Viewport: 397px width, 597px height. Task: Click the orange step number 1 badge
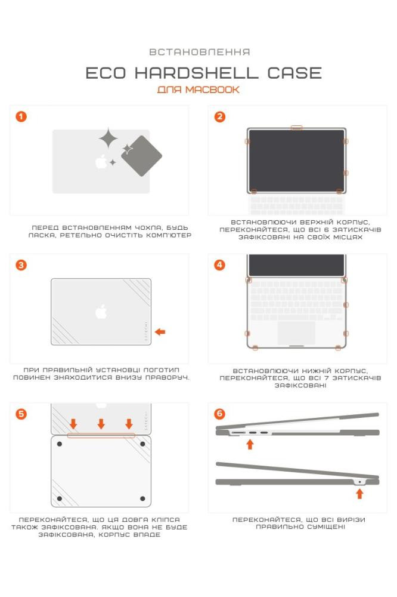[x=21, y=116]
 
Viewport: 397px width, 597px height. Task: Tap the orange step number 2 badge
[x=220, y=116]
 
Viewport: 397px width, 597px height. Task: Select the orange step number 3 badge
[x=21, y=264]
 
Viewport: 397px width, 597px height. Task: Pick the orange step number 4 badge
[x=220, y=264]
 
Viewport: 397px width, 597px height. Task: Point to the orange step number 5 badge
[x=21, y=414]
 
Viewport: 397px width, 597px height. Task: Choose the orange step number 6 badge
[x=220, y=414]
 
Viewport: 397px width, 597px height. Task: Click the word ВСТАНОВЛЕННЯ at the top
[x=200, y=52]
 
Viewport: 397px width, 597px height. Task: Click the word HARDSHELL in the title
[x=196, y=73]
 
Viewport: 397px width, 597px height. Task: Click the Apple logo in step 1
[x=101, y=161]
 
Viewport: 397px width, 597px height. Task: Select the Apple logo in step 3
[x=101, y=311]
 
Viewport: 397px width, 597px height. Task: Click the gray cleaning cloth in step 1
[x=141, y=156]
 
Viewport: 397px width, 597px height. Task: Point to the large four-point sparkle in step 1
[x=108, y=139]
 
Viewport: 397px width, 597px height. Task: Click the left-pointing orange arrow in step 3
[x=160, y=331]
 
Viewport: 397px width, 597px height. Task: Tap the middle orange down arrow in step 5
[x=101, y=424]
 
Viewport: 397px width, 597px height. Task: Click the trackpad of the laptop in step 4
[x=296, y=333]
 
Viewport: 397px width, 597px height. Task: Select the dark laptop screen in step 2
[x=296, y=160]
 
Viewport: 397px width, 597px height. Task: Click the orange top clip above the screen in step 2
[x=297, y=128]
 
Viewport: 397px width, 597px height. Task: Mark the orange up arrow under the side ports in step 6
[x=250, y=444]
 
